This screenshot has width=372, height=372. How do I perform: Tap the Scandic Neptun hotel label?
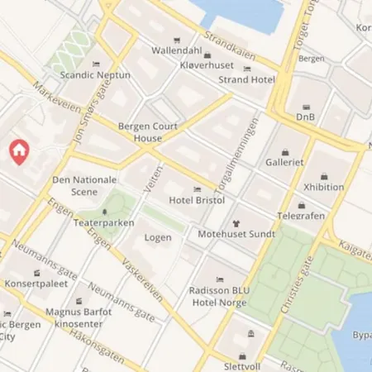pyautogui.click(x=96, y=74)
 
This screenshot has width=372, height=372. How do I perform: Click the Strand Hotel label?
pyautogui.click(x=246, y=79)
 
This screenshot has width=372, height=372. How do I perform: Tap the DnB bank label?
pyautogui.click(x=307, y=117)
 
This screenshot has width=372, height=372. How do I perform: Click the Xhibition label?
pyautogui.click(x=323, y=187)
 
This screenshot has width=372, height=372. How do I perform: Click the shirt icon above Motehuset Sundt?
pyautogui.click(x=236, y=222)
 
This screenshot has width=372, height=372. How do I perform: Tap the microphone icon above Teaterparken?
pyautogui.click(x=104, y=212)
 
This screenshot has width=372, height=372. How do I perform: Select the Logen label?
pyautogui.click(x=158, y=237)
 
